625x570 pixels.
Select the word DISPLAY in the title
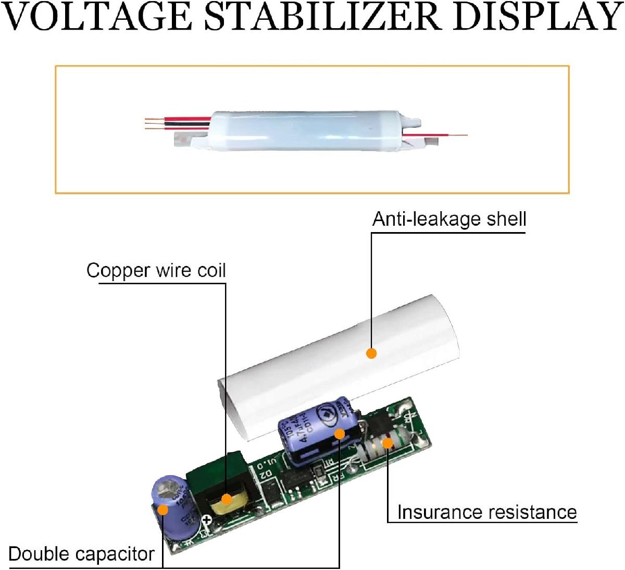pyautogui.click(x=536, y=17)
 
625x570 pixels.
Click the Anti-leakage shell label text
pyautogui.click(x=449, y=219)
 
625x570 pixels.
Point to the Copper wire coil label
pyautogui.click(x=156, y=271)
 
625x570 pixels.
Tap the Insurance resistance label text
pyautogui.click(x=486, y=512)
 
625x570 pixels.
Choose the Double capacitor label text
pyautogui.click(x=82, y=554)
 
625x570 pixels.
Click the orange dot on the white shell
pyautogui.click(x=371, y=353)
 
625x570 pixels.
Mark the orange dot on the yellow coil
pyautogui.click(x=226, y=499)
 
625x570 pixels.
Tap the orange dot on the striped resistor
pyautogui.click(x=387, y=443)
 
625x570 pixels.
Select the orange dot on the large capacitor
pyautogui.click(x=339, y=433)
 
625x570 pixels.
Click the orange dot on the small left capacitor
pyautogui.click(x=163, y=509)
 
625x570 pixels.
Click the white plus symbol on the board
pyautogui.click(x=207, y=519)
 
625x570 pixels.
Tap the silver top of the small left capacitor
pyautogui.click(x=169, y=488)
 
